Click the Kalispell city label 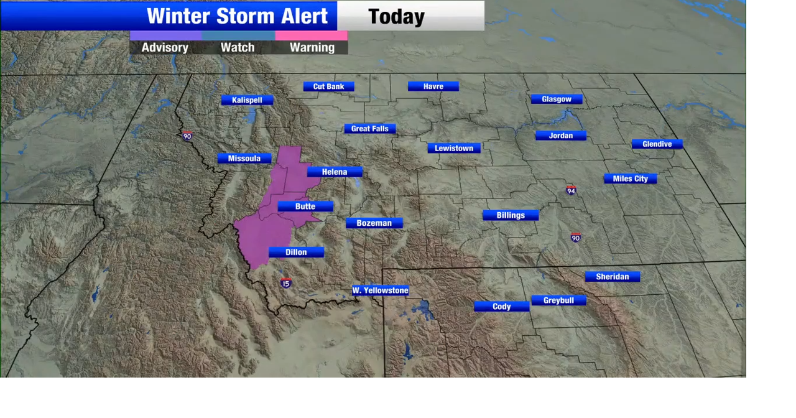pos(247,100)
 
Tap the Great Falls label pos(369,129)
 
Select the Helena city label pos(335,172)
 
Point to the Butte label pos(305,207)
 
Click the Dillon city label pos(296,252)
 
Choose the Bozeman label pos(374,223)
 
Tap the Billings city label pos(511,215)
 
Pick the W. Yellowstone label pos(380,290)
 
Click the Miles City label pos(630,179)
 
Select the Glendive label pos(657,144)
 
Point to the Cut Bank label pos(328,86)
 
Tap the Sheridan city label pos(612,277)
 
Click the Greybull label pos(558,300)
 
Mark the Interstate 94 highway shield pos(571,190)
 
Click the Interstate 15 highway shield pos(285,283)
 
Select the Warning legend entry pos(312,47)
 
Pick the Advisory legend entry pos(165,47)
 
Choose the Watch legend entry pos(238,47)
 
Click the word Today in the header pos(396,17)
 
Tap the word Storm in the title pos(237,16)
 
